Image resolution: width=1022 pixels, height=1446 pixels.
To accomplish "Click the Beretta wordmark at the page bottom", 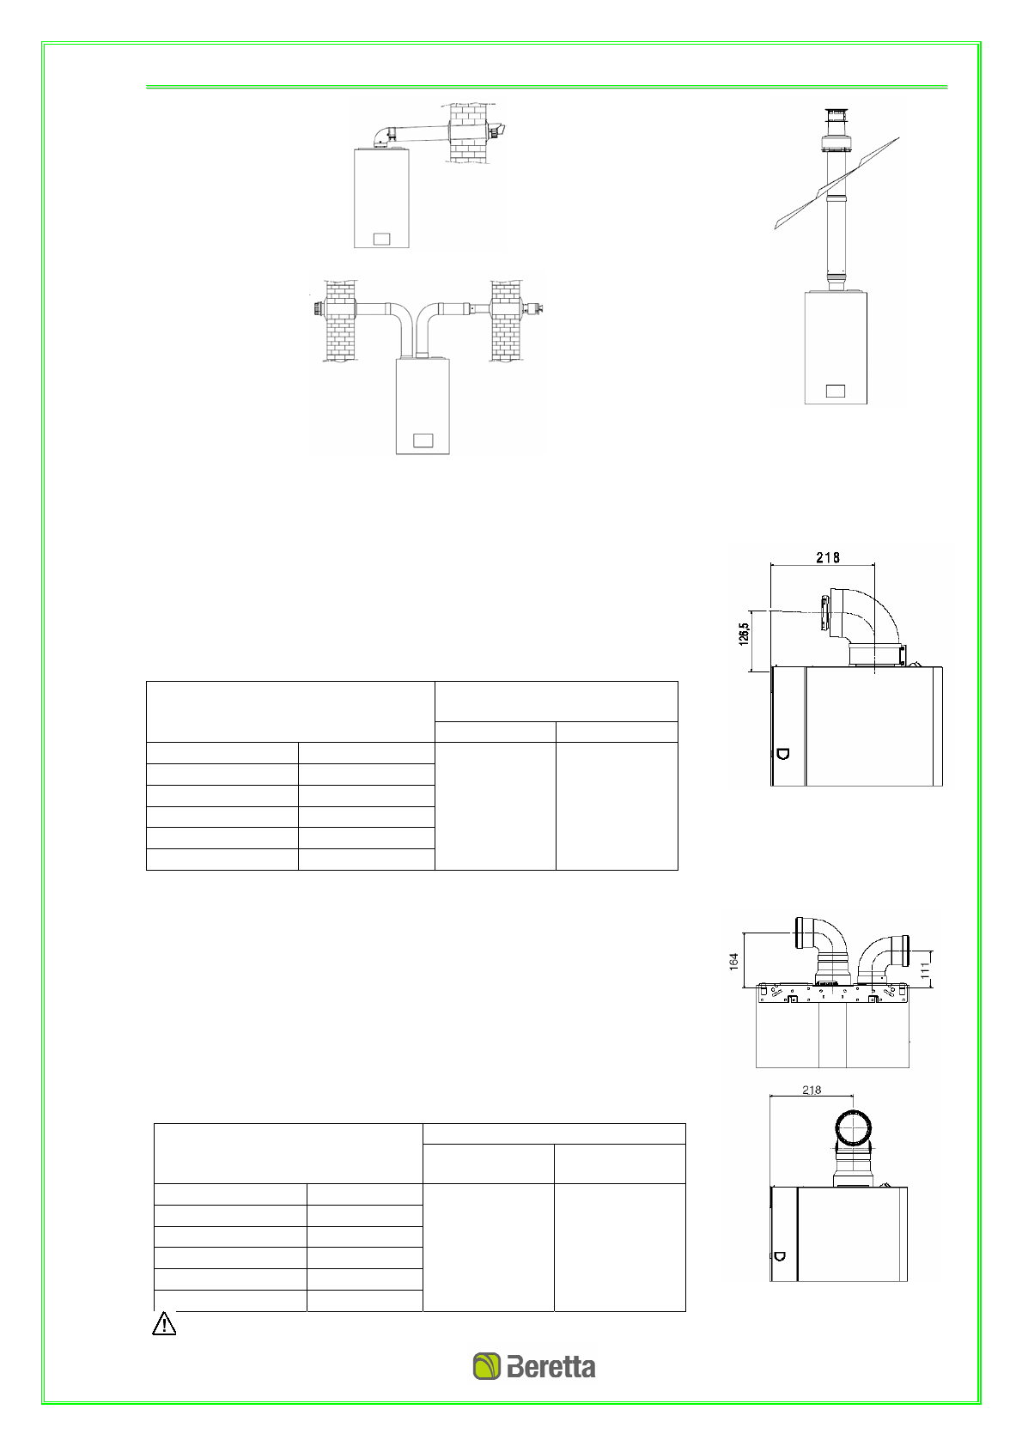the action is point(551,1367).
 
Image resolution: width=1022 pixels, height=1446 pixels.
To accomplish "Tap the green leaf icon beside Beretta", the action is point(487,1367).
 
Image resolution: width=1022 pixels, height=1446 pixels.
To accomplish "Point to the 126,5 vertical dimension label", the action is point(744,634).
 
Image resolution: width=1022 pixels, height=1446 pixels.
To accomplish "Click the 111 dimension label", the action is point(925,970).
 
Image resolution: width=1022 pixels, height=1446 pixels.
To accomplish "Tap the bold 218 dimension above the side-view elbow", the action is point(827,557).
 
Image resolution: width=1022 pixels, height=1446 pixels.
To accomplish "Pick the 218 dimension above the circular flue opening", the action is point(812,1090).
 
